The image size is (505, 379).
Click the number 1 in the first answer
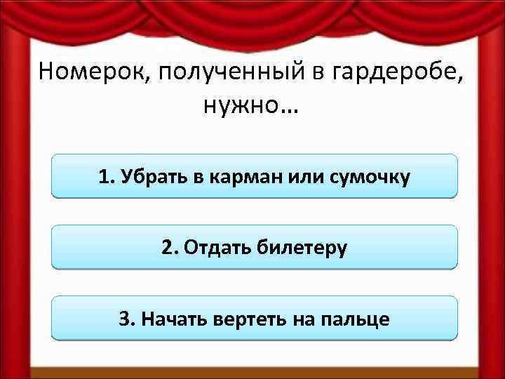105,176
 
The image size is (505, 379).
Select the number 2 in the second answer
166,247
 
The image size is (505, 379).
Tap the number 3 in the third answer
125,319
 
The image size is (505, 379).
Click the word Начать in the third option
173,319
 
